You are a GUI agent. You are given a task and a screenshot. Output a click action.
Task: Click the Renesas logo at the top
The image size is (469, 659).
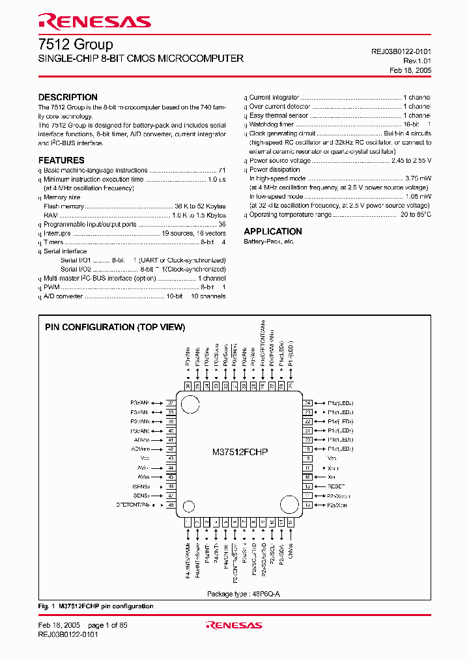pyautogui.click(x=94, y=21)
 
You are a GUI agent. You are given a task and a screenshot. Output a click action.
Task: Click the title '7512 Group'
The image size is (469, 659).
pyautogui.click(x=76, y=44)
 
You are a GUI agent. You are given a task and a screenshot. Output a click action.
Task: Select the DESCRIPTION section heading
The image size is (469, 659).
pyautogui.click(x=68, y=97)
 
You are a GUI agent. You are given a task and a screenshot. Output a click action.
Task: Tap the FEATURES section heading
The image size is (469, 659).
pyautogui.click(x=61, y=160)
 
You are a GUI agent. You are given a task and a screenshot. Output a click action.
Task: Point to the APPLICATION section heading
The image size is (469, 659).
pyautogui.click(x=273, y=231)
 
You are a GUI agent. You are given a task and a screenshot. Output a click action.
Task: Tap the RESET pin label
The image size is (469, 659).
pyautogui.click(x=337, y=486)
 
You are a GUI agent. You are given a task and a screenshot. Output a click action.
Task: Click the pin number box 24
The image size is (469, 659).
pyautogui.click(x=307, y=403)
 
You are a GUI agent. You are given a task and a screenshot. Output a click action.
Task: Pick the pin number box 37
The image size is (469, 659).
pyautogui.click(x=171, y=403)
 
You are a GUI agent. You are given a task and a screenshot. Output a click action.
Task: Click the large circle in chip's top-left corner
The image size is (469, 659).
pyautogui.click(x=190, y=404)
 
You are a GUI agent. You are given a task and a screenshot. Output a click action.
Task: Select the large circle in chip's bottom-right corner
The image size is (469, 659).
pyautogui.click(x=288, y=505)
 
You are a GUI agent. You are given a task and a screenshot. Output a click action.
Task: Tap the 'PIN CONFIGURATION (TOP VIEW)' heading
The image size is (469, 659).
pyautogui.click(x=115, y=328)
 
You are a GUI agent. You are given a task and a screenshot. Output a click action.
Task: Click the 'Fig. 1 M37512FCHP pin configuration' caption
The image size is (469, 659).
pyautogui.click(x=96, y=606)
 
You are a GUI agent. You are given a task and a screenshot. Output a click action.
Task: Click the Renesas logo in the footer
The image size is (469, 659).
pyautogui.click(x=234, y=625)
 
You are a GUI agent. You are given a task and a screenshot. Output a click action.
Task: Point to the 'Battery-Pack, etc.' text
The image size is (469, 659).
pyautogui.click(x=269, y=242)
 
